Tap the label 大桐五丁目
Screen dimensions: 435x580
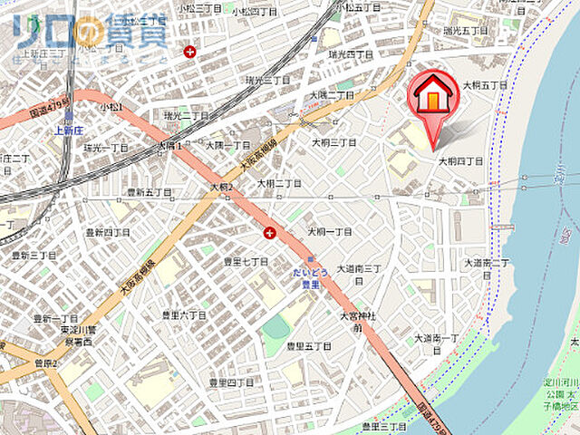486,83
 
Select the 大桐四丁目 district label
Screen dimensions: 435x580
460,161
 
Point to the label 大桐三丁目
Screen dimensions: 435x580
333,142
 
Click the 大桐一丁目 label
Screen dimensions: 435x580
330,232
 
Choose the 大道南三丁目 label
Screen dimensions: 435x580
362,268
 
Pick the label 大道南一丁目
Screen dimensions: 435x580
438,338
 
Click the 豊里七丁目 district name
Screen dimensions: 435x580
246,261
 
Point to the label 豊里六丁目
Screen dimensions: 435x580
183,314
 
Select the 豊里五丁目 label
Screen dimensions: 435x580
308,346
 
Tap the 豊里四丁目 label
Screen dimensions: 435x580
233,382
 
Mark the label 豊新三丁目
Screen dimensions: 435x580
34,256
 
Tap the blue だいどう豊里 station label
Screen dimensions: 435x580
312,277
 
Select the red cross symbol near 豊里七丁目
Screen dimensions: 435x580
270,234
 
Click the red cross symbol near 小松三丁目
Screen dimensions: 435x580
189,52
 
